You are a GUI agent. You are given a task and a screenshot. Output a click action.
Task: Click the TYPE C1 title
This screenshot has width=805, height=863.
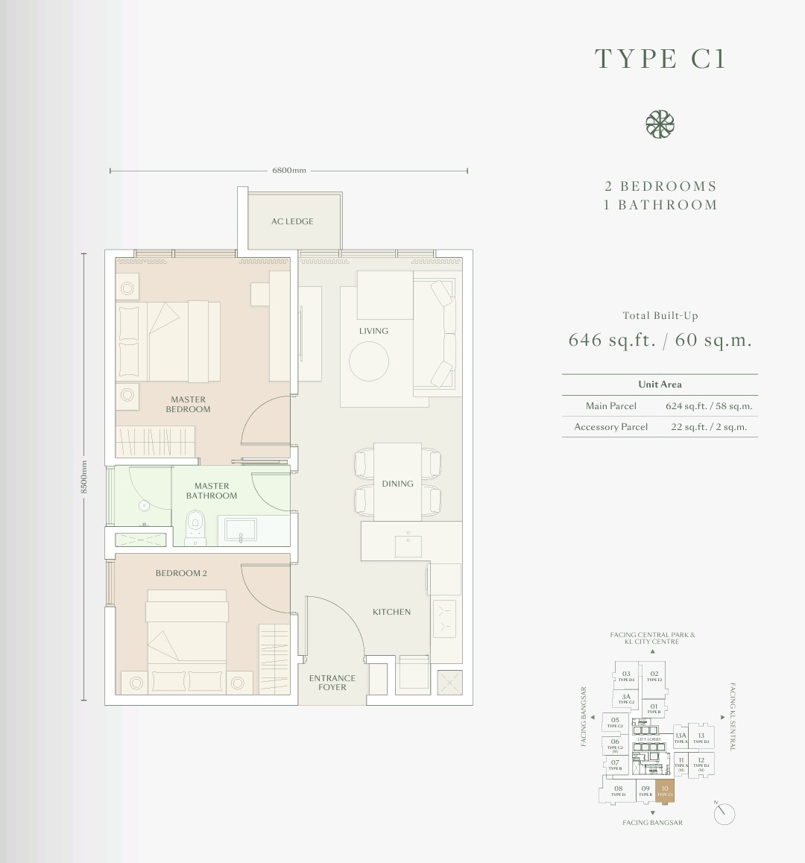coord(660,59)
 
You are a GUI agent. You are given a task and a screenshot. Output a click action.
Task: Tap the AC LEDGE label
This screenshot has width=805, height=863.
coord(292,221)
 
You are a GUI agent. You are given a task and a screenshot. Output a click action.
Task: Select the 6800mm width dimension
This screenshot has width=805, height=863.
coord(289,171)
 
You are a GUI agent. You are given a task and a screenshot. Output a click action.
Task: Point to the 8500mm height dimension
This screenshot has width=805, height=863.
coord(84,477)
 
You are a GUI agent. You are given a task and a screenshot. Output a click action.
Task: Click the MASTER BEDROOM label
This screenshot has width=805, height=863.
coord(188,405)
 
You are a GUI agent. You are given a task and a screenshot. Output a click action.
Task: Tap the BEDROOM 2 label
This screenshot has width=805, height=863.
coord(181,573)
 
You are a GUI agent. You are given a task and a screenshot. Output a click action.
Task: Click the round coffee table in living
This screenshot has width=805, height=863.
coord(369,361)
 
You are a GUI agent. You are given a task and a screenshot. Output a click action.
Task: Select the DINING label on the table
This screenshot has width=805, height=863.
coord(397,484)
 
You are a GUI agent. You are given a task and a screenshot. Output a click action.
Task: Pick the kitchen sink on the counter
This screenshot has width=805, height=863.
coord(408,544)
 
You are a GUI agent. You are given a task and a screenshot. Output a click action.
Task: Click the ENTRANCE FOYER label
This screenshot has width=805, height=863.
coord(332,683)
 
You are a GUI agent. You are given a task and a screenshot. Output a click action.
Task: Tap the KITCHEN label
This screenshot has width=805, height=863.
coord(391,612)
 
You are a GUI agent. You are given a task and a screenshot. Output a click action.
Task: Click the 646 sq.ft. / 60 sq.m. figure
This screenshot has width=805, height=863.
coord(660,341)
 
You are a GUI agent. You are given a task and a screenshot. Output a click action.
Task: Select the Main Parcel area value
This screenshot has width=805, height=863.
coord(709,407)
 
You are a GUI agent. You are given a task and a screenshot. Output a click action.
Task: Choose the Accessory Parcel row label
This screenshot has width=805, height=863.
coord(610,427)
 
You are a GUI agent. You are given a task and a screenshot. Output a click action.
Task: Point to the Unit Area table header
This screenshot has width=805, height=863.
coord(660,385)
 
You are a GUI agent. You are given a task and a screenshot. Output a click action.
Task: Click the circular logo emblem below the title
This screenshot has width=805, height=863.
coord(660,124)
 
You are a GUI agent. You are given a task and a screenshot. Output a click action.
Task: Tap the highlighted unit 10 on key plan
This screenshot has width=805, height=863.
coord(665,790)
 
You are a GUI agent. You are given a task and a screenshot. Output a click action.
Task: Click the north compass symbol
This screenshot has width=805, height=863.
coord(723,814)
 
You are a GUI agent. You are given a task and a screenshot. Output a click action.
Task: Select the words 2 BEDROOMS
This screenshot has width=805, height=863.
coord(660,186)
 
